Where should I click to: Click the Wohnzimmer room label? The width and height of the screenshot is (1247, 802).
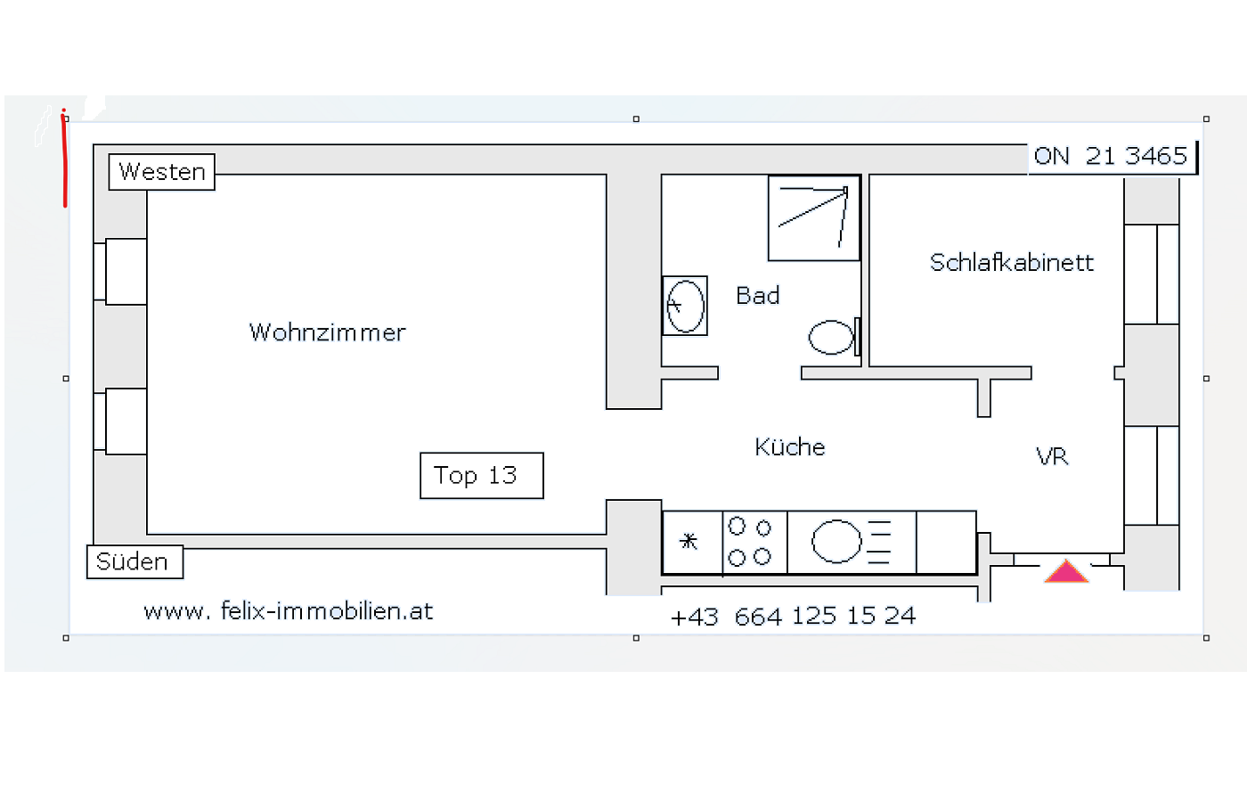328,332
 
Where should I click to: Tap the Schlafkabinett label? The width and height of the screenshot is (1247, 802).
1012,262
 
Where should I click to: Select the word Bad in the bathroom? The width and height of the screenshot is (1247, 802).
758,295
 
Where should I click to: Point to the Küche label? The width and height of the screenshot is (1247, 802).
790,446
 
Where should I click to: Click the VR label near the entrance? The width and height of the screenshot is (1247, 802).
1052,456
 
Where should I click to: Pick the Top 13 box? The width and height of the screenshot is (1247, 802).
482,476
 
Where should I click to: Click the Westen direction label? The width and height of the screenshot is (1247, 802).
161,172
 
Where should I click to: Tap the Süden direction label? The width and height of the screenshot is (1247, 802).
134,562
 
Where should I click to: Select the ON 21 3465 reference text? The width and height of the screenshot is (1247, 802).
1111,156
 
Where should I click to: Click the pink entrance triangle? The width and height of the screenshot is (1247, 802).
1066,571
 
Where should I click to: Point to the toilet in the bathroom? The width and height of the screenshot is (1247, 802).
835,337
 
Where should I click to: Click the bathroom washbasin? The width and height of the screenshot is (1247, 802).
685,306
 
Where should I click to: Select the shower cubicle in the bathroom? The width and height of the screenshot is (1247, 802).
814,217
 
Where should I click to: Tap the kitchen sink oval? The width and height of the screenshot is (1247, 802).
836,542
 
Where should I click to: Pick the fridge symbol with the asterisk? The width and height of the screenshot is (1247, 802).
692,542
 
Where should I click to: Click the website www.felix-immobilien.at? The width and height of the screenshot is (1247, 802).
288,611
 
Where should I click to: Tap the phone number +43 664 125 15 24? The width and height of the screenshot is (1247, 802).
793,617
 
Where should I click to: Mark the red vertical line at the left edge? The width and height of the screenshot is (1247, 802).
64,159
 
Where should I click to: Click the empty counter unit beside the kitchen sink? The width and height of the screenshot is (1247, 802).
946,542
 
